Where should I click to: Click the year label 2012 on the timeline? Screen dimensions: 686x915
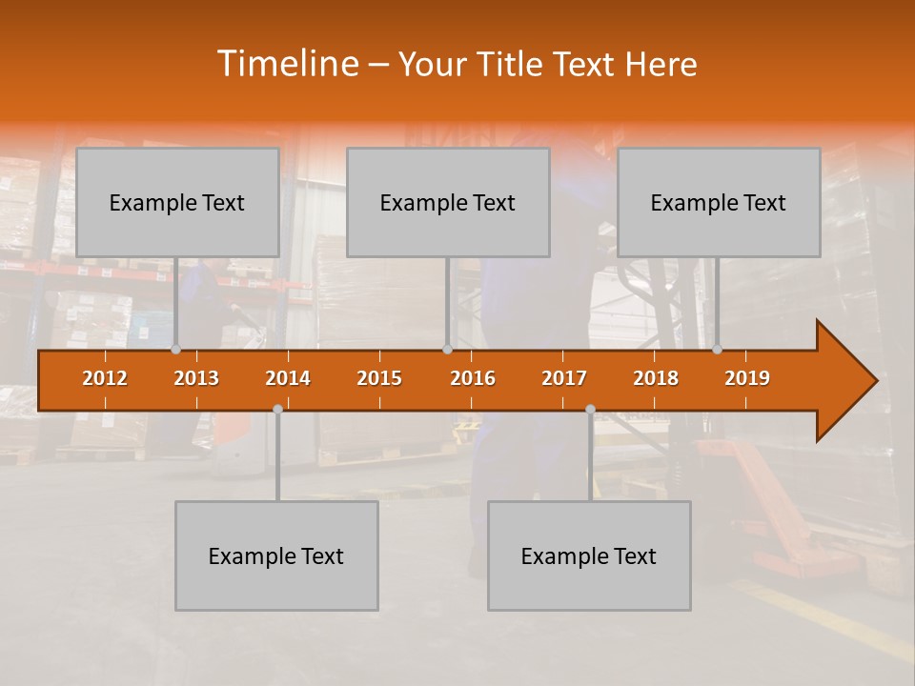click(x=105, y=378)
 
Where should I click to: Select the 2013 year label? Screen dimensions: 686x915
click(x=196, y=378)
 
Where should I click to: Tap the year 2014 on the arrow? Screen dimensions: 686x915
click(x=288, y=378)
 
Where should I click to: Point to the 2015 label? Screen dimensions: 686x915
click(x=379, y=378)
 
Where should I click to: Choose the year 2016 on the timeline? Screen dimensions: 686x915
click(x=473, y=378)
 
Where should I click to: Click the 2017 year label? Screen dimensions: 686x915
click(x=564, y=378)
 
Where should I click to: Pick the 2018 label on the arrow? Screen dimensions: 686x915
click(x=656, y=378)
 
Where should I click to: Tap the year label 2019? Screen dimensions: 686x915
click(x=747, y=378)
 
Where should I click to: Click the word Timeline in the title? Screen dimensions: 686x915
click(x=288, y=64)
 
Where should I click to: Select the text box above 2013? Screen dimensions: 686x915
click(x=177, y=202)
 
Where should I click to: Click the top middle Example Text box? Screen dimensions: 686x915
click(x=448, y=202)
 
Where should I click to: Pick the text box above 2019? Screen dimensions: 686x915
click(x=719, y=202)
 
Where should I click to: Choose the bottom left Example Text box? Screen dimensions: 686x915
click(x=276, y=555)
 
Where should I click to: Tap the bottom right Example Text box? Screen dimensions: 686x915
click(x=589, y=555)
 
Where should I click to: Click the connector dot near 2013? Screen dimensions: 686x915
click(x=175, y=350)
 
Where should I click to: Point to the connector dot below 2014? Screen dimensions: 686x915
click(x=277, y=409)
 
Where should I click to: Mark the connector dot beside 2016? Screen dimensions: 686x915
click(x=447, y=350)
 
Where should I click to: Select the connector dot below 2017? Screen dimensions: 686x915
click(x=590, y=409)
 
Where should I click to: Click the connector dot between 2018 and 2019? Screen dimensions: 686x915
click(x=717, y=350)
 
